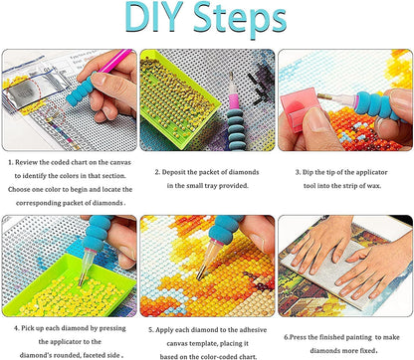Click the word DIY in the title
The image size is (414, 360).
tap(154, 17)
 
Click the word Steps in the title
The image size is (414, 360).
tap(240, 20)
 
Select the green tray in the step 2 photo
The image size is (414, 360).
tap(175, 98)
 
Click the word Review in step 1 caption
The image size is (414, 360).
tap(27, 162)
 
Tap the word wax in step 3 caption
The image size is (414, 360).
tap(373, 186)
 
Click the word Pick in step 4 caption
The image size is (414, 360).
tap(28, 328)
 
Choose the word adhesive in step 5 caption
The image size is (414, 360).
tap(253, 330)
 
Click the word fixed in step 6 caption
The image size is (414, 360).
tap(369, 350)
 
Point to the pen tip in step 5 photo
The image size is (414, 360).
tap(199, 276)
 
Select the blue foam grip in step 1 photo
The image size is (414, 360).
tap(81, 90)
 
